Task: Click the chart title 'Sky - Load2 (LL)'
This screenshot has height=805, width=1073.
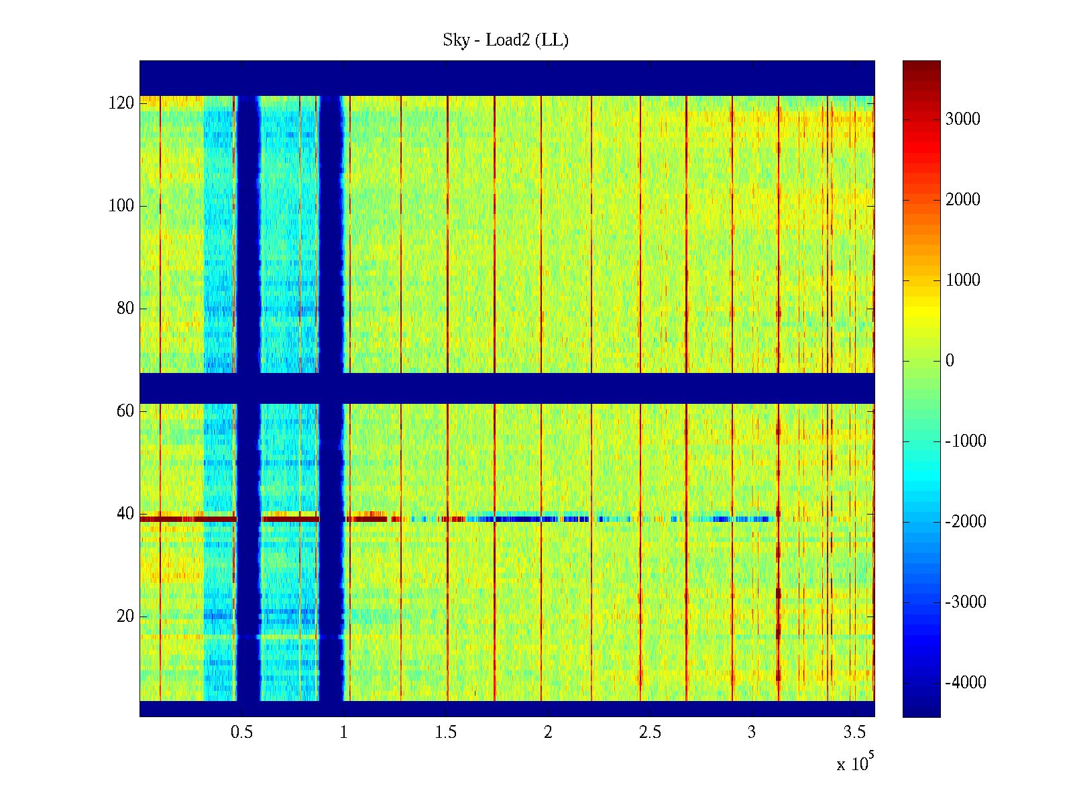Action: pyautogui.click(x=506, y=40)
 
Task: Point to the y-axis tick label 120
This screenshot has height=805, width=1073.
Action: pyautogui.click(x=121, y=103)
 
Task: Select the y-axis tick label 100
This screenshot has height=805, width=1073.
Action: pyautogui.click(x=121, y=206)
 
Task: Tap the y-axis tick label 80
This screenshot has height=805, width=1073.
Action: pyautogui.click(x=125, y=309)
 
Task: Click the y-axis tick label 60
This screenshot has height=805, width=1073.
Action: pyautogui.click(x=125, y=411)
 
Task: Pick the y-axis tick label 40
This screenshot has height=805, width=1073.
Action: pyautogui.click(x=125, y=514)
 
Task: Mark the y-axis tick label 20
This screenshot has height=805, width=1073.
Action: pyautogui.click(x=125, y=616)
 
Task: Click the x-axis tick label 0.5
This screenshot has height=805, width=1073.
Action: pyautogui.click(x=241, y=733)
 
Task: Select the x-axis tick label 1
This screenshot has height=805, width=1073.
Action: pyautogui.click(x=343, y=733)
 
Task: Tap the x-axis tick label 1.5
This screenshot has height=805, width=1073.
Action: pyautogui.click(x=445, y=733)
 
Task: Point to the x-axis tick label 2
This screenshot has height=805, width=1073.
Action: pyautogui.click(x=548, y=733)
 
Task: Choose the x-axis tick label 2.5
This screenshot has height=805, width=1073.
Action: pyautogui.click(x=650, y=733)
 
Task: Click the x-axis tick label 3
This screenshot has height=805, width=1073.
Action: pyautogui.click(x=752, y=733)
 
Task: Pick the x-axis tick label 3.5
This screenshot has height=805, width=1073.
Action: pyautogui.click(x=854, y=733)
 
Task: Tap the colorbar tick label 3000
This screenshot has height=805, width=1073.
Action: pyautogui.click(x=962, y=119)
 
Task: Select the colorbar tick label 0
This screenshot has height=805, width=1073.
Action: pyautogui.click(x=950, y=361)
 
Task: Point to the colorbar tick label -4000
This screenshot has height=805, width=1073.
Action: pyautogui.click(x=966, y=683)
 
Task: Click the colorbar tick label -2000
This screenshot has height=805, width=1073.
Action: pyautogui.click(x=966, y=522)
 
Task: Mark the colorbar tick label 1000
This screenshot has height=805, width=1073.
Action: pyautogui.click(x=962, y=280)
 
